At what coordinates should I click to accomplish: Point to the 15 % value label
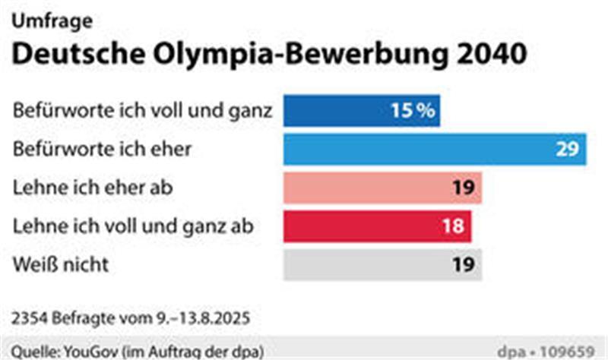coord(413,111)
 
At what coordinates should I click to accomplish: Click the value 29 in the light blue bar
coord(567,149)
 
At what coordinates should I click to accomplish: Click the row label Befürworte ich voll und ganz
coord(142,111)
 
